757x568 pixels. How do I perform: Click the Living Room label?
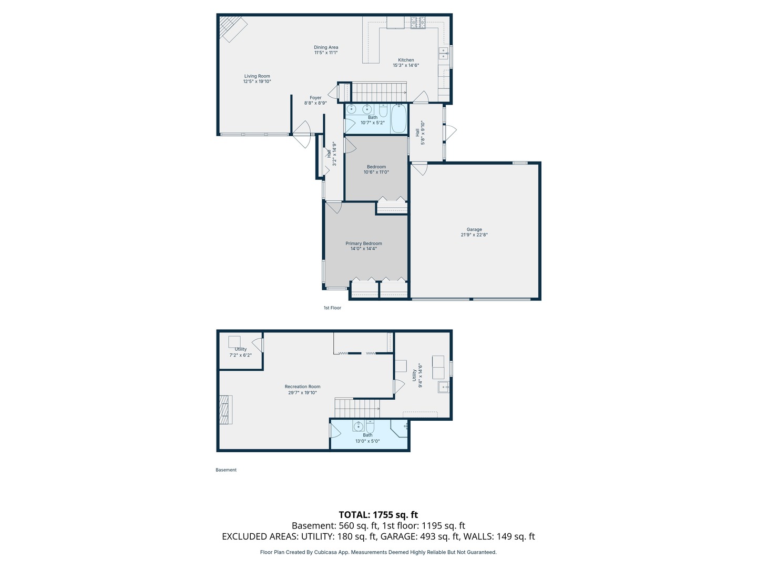257,79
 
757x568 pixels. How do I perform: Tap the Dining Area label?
326,50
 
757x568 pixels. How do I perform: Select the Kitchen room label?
406,63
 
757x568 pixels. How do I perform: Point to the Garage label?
474,232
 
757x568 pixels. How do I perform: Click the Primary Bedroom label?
364,246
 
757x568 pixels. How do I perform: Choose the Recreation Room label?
302,389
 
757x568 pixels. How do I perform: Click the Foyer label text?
315,100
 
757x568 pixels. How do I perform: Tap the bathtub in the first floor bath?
398,118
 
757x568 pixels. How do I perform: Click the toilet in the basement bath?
370,427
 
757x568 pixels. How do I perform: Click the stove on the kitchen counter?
418,23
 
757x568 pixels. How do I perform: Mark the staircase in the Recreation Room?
357,408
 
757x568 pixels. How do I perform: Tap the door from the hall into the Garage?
420,169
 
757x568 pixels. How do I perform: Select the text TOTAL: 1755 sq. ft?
378,515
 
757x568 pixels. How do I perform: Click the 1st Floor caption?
332,308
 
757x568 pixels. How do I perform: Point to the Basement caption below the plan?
226,470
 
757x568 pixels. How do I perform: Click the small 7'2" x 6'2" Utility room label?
241,352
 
